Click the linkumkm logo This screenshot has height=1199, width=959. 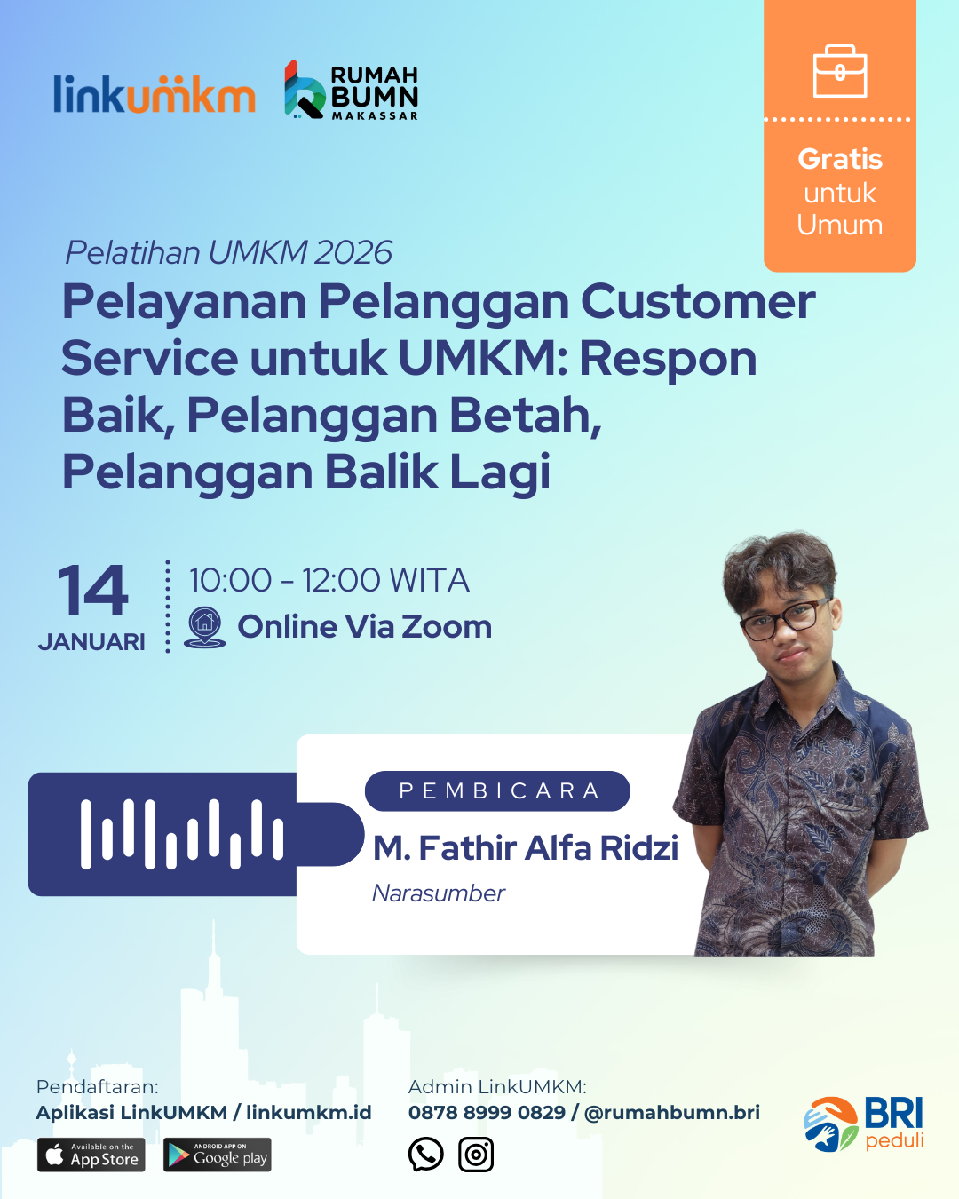(155, 93)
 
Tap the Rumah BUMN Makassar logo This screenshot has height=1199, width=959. (351, 91)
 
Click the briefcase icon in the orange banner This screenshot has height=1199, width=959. (840, 71)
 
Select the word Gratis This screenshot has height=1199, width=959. (840, 160)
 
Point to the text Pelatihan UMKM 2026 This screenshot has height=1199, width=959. (229, 252)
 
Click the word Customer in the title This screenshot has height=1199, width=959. (698, 302)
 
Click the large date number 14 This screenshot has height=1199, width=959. (92, 590)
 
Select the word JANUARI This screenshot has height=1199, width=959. (91, 642)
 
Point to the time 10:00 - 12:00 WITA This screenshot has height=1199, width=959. (329, 581)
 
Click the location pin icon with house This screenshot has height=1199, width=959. (205, 627)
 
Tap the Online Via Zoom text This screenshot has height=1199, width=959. (364, 627)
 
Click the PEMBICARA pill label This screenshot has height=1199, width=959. (497, 790)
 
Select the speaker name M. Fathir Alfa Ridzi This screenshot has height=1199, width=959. (526, 848)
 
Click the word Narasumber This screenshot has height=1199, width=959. (439, 893)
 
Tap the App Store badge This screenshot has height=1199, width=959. (91, 1155)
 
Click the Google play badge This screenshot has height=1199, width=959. (218, 1155)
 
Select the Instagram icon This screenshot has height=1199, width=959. (476, 1155)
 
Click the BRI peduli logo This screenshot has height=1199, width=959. (863, 1124)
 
